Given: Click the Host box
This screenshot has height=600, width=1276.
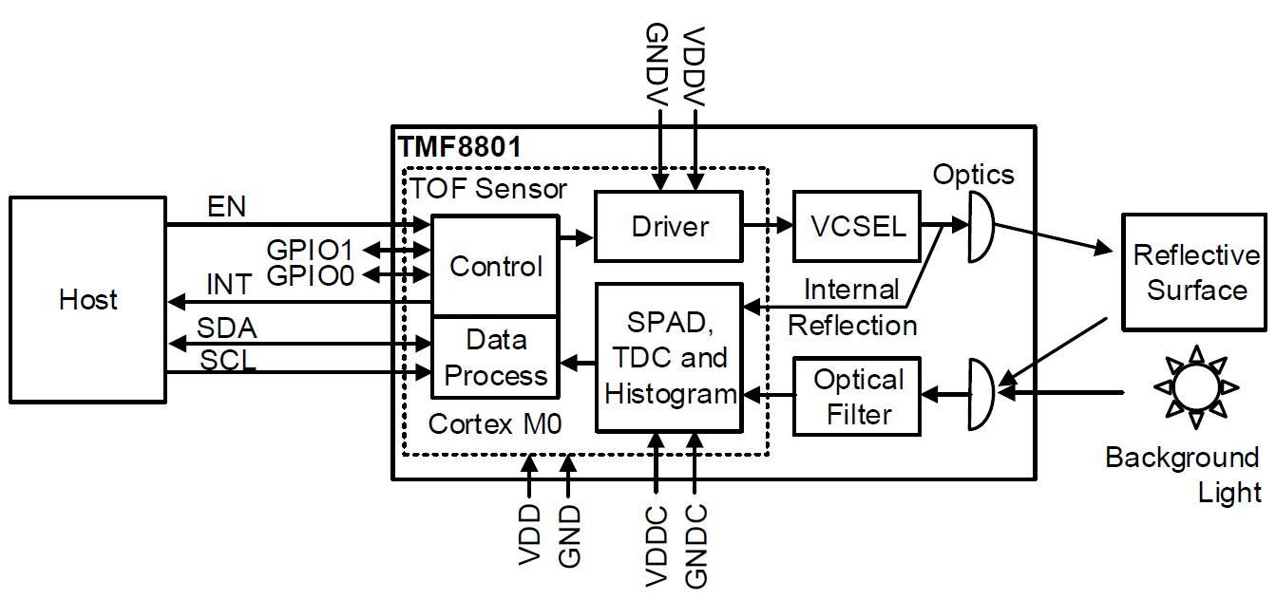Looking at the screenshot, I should coord(87,299).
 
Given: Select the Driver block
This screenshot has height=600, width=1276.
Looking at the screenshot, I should coord(668,226).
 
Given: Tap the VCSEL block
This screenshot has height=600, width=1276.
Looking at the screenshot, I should coord(857,226).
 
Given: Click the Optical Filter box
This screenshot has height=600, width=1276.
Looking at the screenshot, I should coord(857,397).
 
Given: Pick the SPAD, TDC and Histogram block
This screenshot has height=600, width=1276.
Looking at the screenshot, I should coord(668,358).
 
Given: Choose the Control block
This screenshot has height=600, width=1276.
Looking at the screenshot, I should coord(494,266).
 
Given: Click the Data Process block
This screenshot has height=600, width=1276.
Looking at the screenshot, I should coord(494,358).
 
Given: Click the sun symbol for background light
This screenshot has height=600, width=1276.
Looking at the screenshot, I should coord(1195,386).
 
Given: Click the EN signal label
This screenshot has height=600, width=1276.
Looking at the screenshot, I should coord(225,207).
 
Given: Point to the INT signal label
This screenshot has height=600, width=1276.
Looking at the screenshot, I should coord(229,285).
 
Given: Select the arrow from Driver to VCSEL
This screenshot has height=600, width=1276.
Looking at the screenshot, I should coord(766,226).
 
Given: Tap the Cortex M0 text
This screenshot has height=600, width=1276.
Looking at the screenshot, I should coord(494,423).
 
